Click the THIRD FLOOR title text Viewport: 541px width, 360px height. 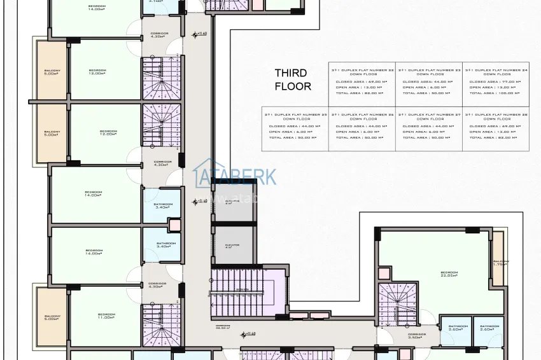coord(292,80)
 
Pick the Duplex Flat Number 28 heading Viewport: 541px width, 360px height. coord(495,116)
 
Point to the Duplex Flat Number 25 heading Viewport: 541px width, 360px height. coord(295,116)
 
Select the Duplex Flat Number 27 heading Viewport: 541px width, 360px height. coord(429,116)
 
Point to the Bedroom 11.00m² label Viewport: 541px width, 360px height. coord(106,316)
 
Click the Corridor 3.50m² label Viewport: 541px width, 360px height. coord(417,335)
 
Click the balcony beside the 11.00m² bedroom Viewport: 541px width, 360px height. coord(52,317)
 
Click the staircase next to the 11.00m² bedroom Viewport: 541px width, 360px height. coord(157,322)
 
